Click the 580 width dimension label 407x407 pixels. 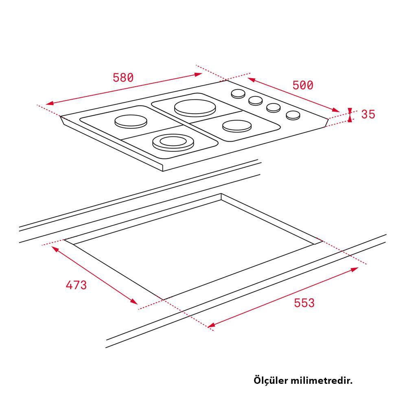[123, 78]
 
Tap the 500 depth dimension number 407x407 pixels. [303, 85]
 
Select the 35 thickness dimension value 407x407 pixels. [368, 114]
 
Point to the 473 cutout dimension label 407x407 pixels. [76, 285]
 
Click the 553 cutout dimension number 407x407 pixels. [304, 303]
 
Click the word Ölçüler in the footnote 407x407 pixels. [271, 380]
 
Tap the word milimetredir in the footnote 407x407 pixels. [322, 381]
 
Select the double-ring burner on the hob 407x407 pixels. [173, 142]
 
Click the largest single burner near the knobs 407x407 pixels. [195, 108]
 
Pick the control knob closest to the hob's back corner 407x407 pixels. [238, 94]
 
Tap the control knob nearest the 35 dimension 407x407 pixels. [293, 115]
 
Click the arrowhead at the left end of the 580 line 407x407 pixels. [50, 103]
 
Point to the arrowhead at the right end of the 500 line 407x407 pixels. [336, 110]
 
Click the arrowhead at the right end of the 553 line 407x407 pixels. [354, 269]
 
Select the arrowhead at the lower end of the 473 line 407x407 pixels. [134, 301]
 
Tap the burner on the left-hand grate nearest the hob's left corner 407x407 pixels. [131, 121]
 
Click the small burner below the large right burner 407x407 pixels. [237, 126]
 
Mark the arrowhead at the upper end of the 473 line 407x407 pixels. [55, 249]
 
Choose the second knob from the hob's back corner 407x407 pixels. [256, 101]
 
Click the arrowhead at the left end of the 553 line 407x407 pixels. [211, 325]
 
